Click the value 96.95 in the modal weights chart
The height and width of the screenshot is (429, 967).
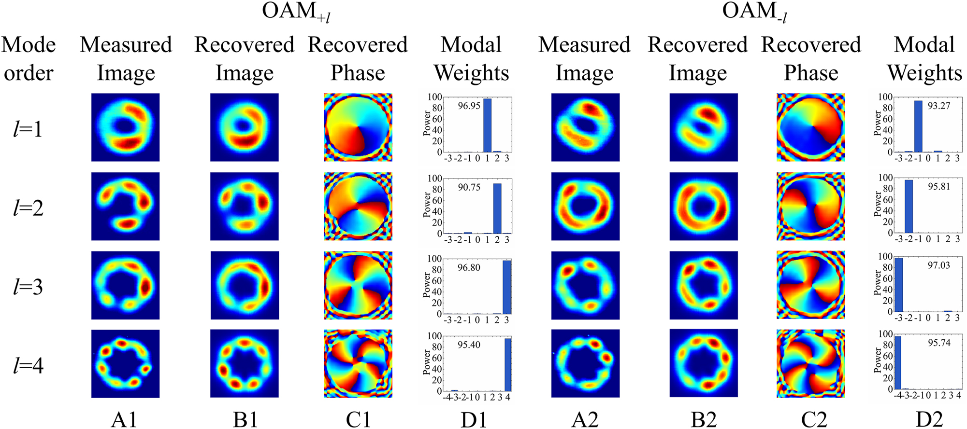point(469,106)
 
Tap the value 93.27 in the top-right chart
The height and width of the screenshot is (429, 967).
point(938,106)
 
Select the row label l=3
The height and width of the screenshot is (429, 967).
point(28,287)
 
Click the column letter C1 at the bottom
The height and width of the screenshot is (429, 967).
point(358,419)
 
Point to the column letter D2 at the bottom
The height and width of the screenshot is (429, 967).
point(929,419)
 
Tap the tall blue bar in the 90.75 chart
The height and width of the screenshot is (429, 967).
point(497,208)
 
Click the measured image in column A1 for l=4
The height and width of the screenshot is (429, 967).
point(125,364)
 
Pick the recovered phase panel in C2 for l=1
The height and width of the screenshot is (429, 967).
point(810,127)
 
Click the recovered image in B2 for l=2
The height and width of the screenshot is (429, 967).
point(704,207)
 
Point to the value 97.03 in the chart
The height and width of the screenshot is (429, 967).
point(938,265)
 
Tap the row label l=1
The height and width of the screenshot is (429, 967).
point(28,129)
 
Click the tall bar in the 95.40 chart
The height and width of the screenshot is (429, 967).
point(507,365)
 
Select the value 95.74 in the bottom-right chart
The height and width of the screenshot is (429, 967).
point(938,343)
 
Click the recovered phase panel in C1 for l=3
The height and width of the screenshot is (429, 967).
point(358,285)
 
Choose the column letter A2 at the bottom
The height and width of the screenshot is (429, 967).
point(585,419)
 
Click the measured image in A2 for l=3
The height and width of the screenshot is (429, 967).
point(585,285)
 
